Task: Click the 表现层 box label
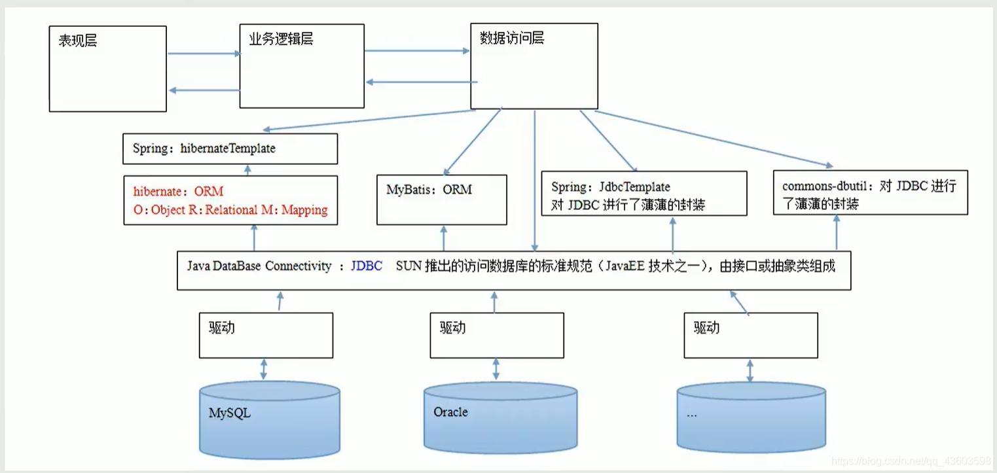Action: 78,41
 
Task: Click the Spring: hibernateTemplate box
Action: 230,149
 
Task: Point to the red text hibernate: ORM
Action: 178,192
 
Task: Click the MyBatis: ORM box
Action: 442,200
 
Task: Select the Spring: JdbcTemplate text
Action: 611,187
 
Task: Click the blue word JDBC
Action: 367,267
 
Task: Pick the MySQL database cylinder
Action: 269,419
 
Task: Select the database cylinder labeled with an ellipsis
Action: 751,417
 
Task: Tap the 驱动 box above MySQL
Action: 266,335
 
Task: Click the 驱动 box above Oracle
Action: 496,335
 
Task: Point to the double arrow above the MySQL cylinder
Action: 263,368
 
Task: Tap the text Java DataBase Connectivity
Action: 259,267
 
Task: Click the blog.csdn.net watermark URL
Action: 911,461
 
